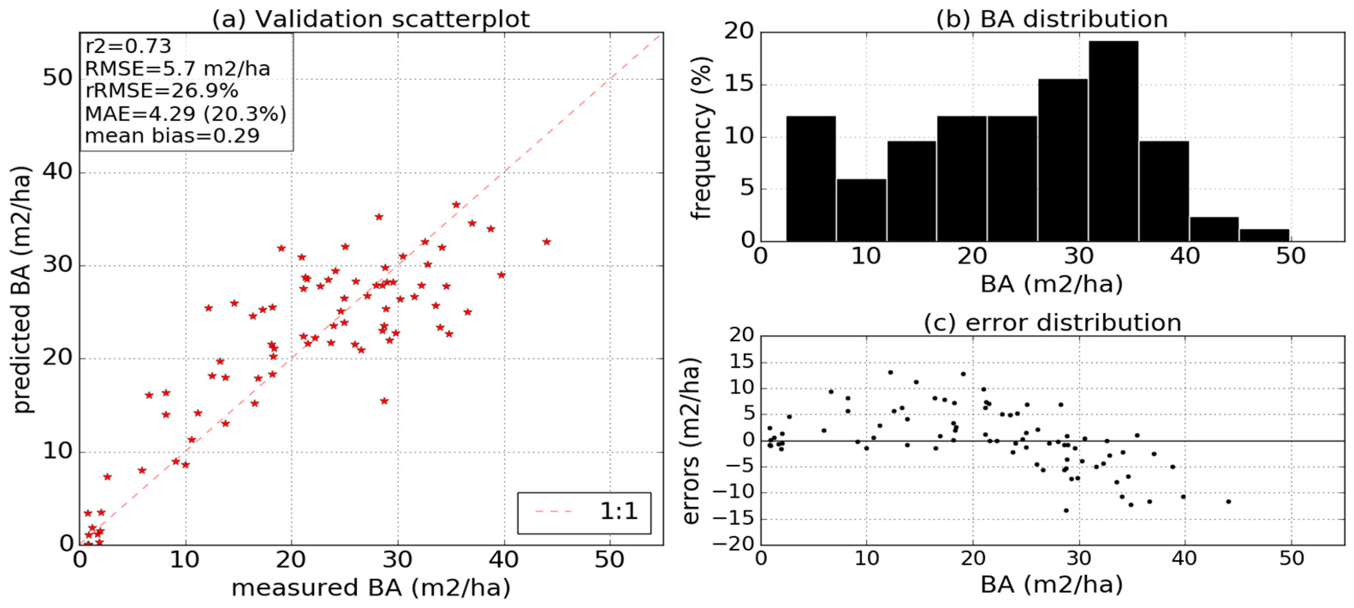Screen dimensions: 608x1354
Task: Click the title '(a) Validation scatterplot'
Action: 371,19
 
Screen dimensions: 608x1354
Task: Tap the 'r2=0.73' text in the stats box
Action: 128,46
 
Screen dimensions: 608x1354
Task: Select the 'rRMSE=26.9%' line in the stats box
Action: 161,91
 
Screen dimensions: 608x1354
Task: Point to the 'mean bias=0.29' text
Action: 172,136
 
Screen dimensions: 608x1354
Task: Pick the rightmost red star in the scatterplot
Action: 546,242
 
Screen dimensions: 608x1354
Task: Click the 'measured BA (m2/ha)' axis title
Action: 371,587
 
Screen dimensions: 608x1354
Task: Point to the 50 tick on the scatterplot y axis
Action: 57,78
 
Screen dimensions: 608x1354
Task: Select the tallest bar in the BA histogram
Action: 1113,141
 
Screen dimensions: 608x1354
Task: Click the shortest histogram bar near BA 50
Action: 1264,235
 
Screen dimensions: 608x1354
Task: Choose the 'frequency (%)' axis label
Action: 702,138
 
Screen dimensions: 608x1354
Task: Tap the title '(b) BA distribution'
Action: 1052,19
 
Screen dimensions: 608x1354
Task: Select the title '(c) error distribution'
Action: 1052,322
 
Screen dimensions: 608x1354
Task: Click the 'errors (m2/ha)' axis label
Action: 692,441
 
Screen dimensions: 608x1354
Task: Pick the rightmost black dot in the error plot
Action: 1228,501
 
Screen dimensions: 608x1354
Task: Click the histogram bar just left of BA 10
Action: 811,179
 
